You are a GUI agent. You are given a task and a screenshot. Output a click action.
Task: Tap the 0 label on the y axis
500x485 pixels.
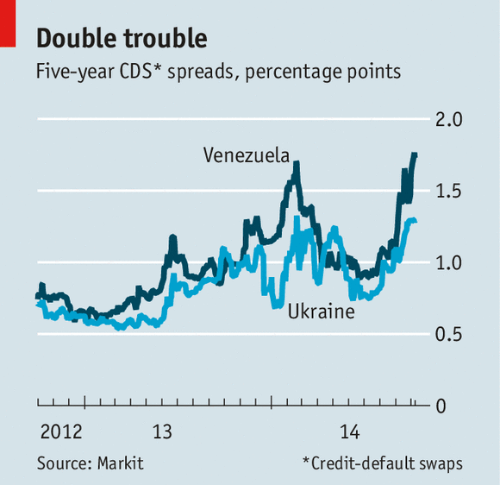tap(440, 406)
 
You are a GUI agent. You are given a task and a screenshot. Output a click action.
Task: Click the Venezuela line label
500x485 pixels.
tap(246, 155)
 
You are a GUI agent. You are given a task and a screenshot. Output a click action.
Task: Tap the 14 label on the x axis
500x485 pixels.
tap(350, 431)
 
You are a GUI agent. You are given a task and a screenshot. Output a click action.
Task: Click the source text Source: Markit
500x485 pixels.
tap(91, 463)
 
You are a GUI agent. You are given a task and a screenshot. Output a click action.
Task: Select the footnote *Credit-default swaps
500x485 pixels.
tap(382, 463)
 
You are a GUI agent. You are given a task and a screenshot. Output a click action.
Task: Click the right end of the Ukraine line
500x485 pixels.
tap(416, 221)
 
